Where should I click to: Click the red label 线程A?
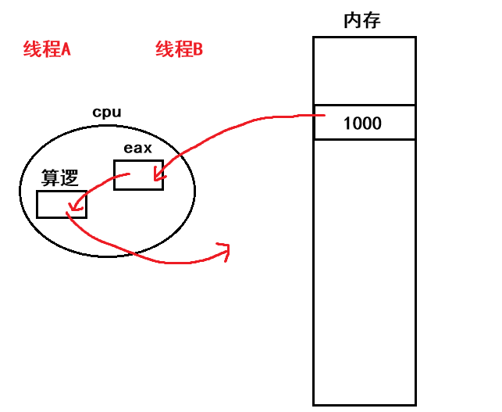pos(47,50)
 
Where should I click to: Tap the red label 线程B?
pos(180,50)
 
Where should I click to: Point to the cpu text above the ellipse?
pos(107,112)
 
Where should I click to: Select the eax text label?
pos(137,148)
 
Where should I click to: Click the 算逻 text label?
pos(60,178)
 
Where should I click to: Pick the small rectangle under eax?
pos(138,174)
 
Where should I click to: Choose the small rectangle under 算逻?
pos(61,204)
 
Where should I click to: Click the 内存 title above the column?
pos(362,21)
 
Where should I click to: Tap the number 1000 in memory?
pos(362,124)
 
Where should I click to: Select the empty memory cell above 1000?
pos(364,70)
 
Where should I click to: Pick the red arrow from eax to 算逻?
pos(94,183)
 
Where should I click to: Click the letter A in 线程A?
pos(66,50)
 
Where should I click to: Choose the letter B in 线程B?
pos(197,50)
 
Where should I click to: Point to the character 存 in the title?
pos(372,21)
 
